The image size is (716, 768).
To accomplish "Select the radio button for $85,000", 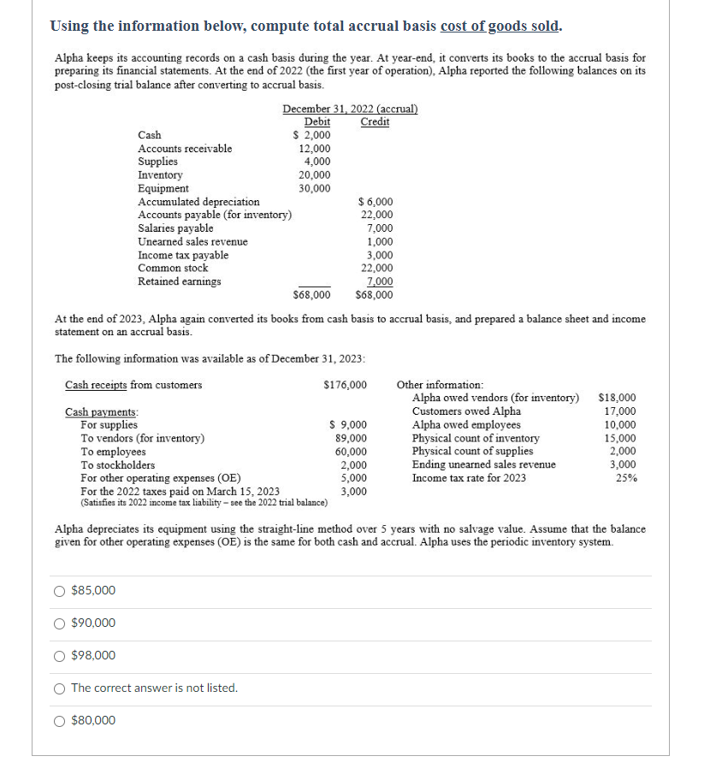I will (x=60, y=591).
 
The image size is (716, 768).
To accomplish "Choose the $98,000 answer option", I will (x=60, y=656).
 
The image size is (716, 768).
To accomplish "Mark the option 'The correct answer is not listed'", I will (x=60, y=688).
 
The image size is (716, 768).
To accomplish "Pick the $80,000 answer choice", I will (x=60, y=721).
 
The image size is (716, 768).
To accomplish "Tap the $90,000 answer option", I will (x=60, y=623).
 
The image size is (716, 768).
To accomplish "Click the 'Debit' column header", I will (x=317, y=121).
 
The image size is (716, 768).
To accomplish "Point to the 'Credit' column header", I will (x=375, y=121).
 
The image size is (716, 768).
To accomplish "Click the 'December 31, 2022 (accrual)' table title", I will (x=350, y=109).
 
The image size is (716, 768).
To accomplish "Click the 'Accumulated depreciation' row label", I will (x=198, y=202).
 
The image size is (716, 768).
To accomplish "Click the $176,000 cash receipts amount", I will (x=346, y=385).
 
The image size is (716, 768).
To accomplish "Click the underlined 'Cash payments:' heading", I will (x=102, y=412).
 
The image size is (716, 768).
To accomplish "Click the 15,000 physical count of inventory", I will (x=621, y=438).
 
